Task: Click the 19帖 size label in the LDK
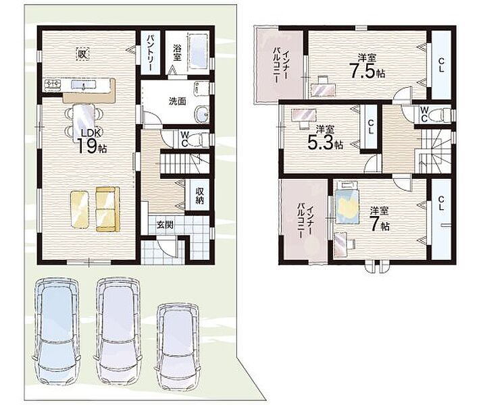click(92, 146)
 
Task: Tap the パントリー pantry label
click(150, 53)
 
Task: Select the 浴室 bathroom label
click(177, 53)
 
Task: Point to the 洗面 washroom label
click(177, 101)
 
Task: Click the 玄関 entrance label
click(165, 225)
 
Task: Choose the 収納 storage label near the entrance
click(200, 196)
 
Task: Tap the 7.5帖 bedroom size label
click(368, 72)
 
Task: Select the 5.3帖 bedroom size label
click(325, 142)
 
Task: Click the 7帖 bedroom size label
click(380, 223)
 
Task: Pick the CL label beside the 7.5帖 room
click(441, 65)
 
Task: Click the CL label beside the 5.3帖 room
click(371, 127)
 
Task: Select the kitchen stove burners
click(53, 84)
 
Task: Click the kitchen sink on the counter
click(84, 84)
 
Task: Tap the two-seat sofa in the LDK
click(108, 209)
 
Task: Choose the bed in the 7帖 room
click(347, 202)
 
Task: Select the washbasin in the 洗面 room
click(202, 115)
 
